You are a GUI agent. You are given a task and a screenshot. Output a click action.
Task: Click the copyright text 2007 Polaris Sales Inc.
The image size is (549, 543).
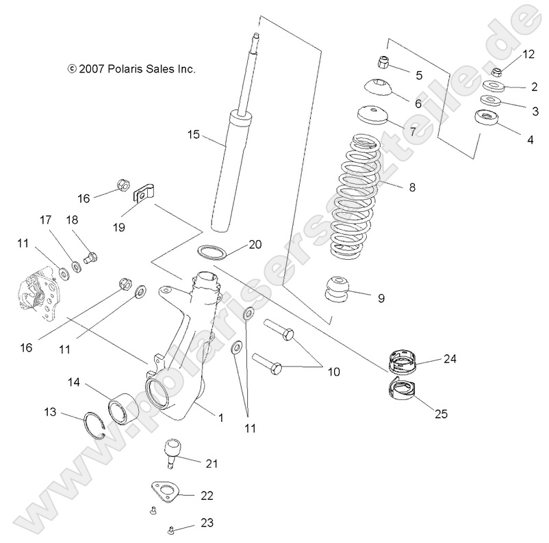click(x=132, y=69)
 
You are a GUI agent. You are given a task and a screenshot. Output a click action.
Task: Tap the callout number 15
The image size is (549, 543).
click(x=193, y=135)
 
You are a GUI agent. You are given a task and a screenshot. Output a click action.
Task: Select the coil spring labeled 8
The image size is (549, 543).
click(x=356, y=198)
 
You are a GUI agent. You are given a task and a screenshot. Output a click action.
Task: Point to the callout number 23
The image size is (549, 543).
click(x=207, y=523)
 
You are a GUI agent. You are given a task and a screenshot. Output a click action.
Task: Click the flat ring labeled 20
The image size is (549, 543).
click(x=211, y=252)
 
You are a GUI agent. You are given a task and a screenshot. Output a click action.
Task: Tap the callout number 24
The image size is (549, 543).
click(x=449, y=358)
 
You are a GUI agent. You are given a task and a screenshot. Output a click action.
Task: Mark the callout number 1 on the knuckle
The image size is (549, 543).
click(x=220, y=416)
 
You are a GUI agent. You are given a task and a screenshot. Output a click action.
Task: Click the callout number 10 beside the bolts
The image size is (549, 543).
click(x=333, y=372)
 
